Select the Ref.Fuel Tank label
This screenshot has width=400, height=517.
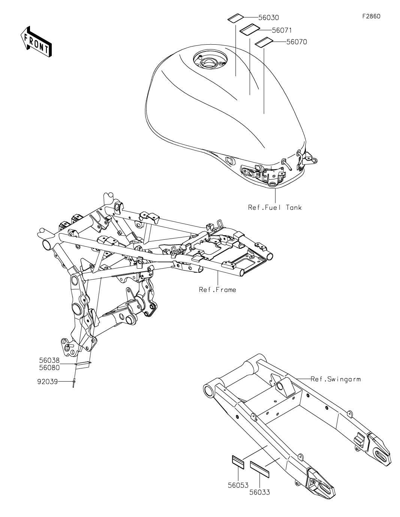(x=274, y=207)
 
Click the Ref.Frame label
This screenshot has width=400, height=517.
(x=217, y=289)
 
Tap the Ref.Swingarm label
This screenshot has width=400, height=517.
(x=336, y=379)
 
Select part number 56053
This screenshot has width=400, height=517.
(x=238, y=485)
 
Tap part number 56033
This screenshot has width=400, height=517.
(x=259, y=492)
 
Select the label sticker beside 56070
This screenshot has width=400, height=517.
(x=264, y=42)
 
